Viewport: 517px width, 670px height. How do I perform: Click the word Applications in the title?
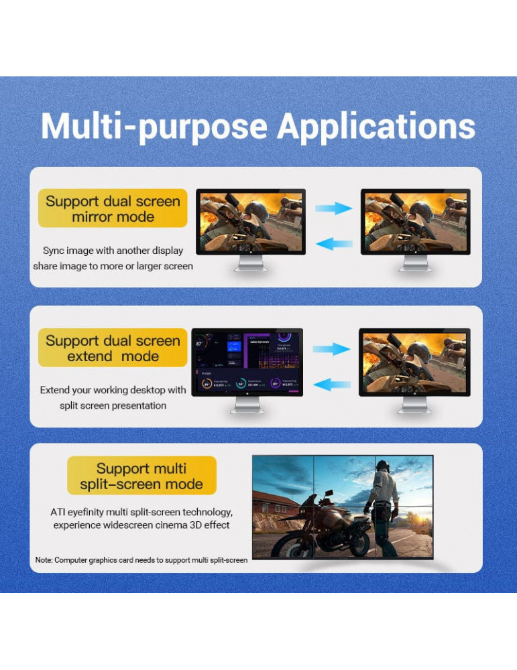(x=376, y=126)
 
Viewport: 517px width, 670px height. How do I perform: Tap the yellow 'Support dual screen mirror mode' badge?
(x=113, y=209)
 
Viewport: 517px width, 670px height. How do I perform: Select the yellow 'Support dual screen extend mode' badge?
(x=113, y=348)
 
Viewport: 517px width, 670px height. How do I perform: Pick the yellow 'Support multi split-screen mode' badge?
(x=141, y=476)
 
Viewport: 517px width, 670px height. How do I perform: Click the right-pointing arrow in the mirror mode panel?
(x=333, y=208)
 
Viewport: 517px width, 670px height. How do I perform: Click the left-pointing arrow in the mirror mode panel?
(x=333, y=243)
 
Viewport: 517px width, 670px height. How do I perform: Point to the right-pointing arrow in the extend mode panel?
(x=331, y=349)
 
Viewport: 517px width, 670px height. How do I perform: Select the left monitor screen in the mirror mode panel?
(x=250, y=221)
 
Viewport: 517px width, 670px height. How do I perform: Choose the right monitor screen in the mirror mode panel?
(x=415, y=221)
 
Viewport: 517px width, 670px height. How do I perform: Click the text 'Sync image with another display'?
(x=113, y=251)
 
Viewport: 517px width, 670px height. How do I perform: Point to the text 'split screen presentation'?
(x=113, y=405)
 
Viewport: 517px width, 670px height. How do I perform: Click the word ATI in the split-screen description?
(x=59, y=512)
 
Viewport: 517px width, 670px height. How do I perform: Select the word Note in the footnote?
(x=44, y=559)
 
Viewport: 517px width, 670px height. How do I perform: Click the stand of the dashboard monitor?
(x=247, y=406)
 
